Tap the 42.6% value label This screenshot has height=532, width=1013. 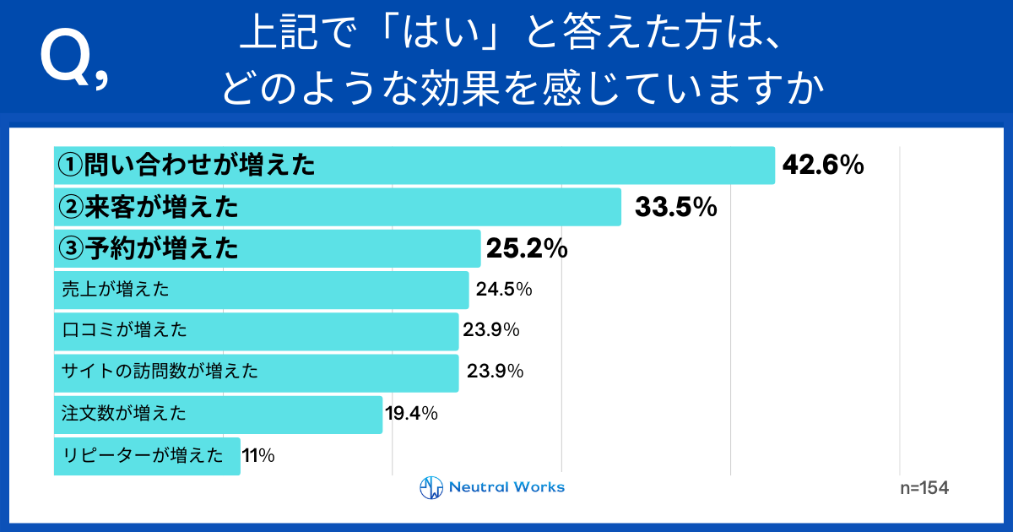[x=823, y=166]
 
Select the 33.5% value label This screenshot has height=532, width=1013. [x=675, y=207]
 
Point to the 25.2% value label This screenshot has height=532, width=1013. [x=526, y=248]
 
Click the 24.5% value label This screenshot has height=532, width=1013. [x=504, y=290]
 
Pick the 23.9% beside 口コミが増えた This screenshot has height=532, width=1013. [x=490, y=330]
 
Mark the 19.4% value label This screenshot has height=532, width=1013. [x=411, y=413]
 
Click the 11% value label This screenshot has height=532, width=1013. [x=258, y=455]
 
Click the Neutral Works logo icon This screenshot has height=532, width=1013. [x=431, y=487]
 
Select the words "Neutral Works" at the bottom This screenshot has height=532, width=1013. [x=506, y=487]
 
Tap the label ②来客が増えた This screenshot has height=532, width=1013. [x=147, y=207]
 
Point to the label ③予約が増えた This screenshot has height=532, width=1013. [x=147, y=248]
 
